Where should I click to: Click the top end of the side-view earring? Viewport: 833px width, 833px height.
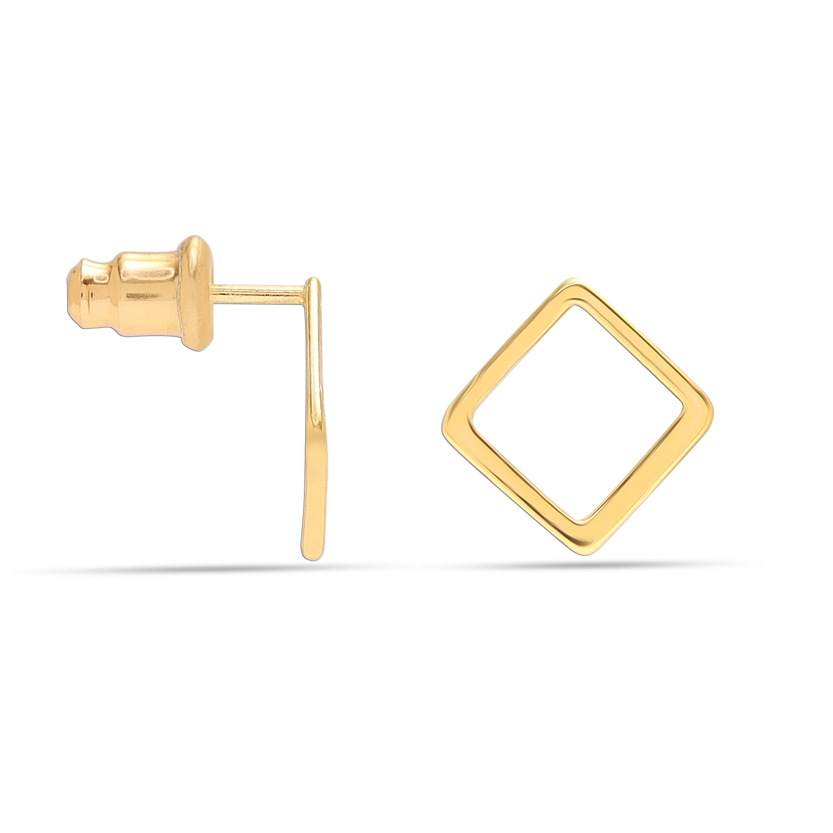pyautogui.click(x=315, y=282)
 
